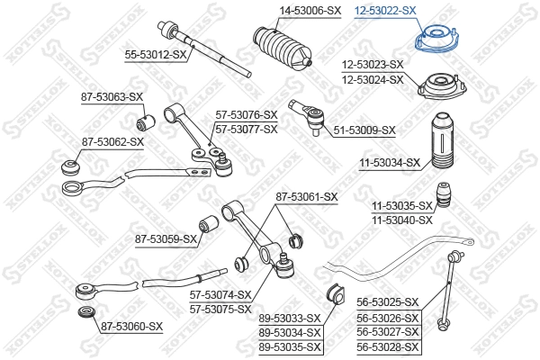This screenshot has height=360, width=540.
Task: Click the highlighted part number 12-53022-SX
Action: click(384, 11)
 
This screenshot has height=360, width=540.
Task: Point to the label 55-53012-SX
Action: click(155, 55)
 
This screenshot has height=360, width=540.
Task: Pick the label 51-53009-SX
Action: click(364, 130)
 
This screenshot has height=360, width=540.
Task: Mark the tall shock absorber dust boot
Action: click(443, 141)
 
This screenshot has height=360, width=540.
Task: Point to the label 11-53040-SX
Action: click(402, 220)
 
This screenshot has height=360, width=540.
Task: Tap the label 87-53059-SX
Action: click(166, 238)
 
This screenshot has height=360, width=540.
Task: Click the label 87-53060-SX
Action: click(131, 326)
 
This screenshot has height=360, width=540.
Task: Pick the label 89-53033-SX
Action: click(290, 318)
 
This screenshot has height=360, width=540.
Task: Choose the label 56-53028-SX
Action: click(389, 346)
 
